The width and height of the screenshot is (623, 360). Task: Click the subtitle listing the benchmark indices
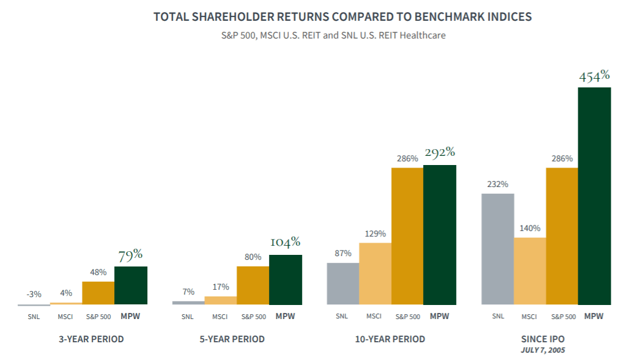coord(334,35)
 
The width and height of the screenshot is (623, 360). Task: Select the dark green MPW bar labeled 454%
coord(594,196)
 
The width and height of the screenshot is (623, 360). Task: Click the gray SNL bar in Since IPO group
coord(498,249)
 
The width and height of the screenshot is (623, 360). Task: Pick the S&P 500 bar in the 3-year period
coord(98,293)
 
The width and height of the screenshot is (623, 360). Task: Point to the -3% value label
coord(34,294)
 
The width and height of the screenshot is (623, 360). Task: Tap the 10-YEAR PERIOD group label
coord(391,339)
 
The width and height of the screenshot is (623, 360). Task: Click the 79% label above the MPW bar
coord(130,255)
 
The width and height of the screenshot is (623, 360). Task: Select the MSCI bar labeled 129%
coord(375,273)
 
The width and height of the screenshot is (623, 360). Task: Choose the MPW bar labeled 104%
coord(285,279)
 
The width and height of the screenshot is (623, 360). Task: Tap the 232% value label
coord(498,184)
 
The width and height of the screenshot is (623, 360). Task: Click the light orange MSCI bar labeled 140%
coord(529,271)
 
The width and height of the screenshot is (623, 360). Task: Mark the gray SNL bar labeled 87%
coord(343,284)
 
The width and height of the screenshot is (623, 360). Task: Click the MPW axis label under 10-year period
coord(440,317)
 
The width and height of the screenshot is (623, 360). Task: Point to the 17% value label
coord(221,287)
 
